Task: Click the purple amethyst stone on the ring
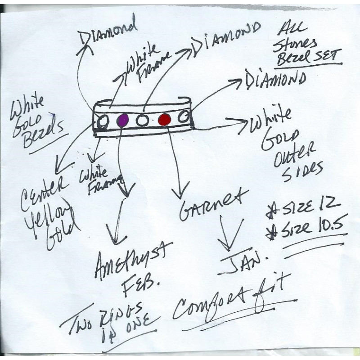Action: tap(123, 120)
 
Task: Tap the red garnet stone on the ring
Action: tap(165, 120)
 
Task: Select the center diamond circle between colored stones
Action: tap(143, 121)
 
